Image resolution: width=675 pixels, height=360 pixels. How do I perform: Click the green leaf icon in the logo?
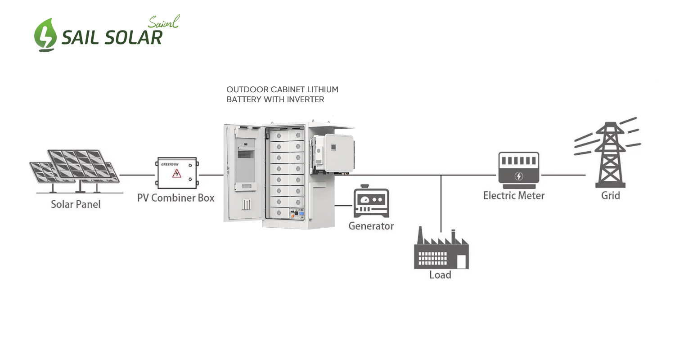point(45,35)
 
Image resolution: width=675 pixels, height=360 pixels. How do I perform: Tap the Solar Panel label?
point(76,204)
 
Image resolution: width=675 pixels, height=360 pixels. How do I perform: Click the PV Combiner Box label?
point(175,198)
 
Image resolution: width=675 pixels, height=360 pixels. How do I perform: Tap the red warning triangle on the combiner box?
point(177,173)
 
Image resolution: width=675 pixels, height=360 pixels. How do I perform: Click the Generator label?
point(371,226)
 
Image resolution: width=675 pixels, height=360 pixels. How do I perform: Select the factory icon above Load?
point(441,250)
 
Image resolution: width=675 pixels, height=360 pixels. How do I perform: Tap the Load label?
point(440,274)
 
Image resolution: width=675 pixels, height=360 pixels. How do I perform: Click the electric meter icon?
point(518,170)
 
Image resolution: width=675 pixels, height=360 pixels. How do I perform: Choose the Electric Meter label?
point(514,196)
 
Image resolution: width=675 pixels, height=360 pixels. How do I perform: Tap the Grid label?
point(611,196)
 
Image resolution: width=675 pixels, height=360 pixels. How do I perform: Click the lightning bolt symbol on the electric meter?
point(518,176)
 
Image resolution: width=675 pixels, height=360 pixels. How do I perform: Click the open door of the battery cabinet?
point(242,173)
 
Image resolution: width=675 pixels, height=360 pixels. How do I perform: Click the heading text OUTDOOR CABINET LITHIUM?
point(282,90)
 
